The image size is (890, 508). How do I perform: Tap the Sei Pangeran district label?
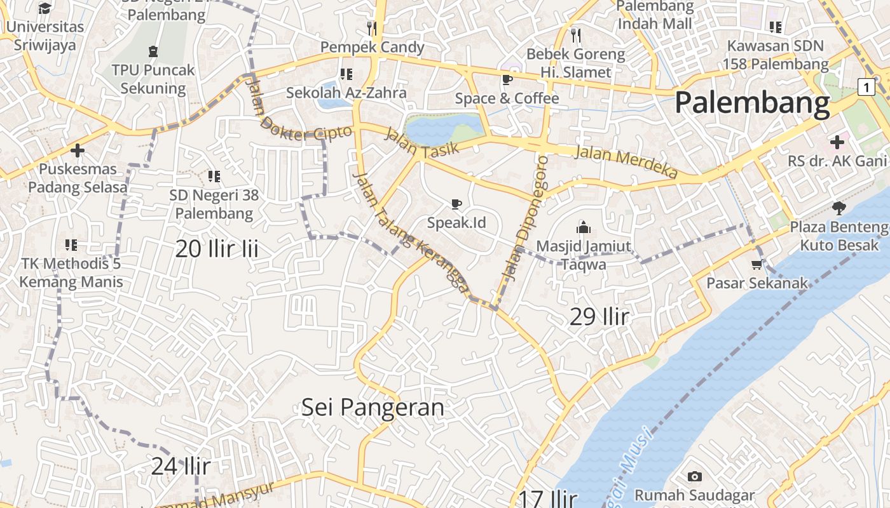pyautogui.click(x=373, y=407)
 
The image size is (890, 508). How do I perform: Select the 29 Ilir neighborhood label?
pyautogui.click(x=599, y=316)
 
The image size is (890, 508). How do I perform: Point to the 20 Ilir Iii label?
pyautogui.click(x=217, y=249)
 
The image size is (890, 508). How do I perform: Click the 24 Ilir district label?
pyautogui.click(x=181, y=466)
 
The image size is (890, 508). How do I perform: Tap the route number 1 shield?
pyautogui.click(x=866, y=87)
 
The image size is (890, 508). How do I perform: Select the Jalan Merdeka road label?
pyautogui.click(x=626, y=162)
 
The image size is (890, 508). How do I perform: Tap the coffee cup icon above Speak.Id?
pyautogui.click(x=456, y=204)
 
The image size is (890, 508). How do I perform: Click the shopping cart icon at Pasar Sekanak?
pyautogui.click(x=756, y=264)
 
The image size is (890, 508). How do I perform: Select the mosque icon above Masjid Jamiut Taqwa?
pyautogui.click(x=583, y=227)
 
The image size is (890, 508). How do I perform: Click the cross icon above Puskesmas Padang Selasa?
pyautogui.click(x=78, y=150)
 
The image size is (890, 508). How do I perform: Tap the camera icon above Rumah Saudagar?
pyautogui.click(x=695, y=476)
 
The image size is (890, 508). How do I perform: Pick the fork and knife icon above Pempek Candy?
pyautogui.click(x=372, y=28)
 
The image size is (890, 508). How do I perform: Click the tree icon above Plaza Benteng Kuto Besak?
pyautogui.click(x=839, y=208)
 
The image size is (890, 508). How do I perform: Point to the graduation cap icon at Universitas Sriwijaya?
pyautogui.click(x=44, y=8)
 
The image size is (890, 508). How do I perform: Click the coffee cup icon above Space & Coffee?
pyautogui.click(x=507, y=79)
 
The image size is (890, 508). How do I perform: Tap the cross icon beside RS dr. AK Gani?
pyautogui.click(x=837, y=142)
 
